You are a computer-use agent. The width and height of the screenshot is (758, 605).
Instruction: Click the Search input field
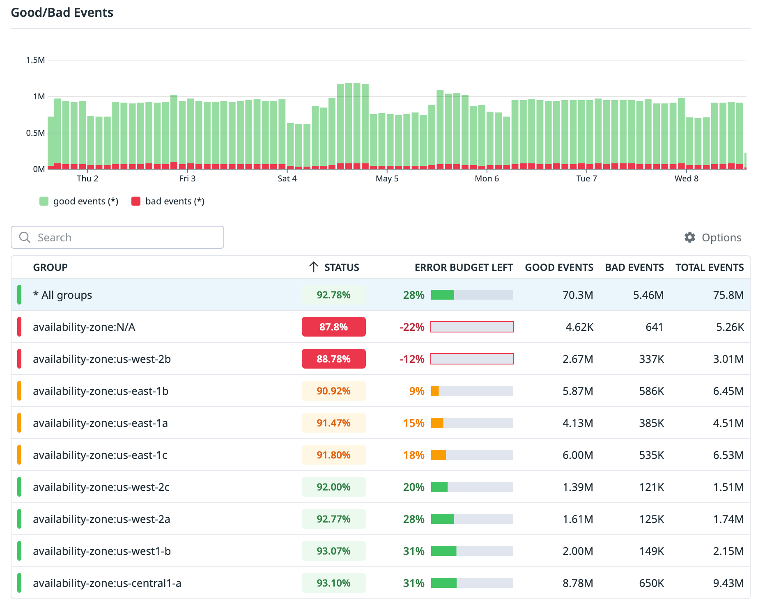pyautogui.click(x=123, y=237)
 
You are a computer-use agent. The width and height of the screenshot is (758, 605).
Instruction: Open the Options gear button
pyautogui.click(x=713, y=237)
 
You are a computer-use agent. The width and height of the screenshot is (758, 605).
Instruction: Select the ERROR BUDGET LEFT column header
pyautogui.click(x=464, y=267)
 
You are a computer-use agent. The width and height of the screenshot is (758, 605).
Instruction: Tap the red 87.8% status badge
pyautogui.click(x=333, y=327)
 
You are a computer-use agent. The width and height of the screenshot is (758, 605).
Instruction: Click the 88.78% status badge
pyautogui.click(x=333, y=359)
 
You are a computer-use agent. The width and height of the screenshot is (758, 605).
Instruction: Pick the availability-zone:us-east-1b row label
pyautogui.click(x=101, y=391)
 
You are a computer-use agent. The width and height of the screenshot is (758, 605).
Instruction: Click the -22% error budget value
pyautogui.click(x=412, y=327)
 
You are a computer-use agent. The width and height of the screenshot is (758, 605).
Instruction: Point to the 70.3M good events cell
pyautogui.click(x=578, y=295)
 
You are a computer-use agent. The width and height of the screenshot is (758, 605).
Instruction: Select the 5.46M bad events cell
pyautogui.click(x=648, y=295)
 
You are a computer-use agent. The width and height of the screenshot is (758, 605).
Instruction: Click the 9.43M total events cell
pyautogui.click(x=728, y=583)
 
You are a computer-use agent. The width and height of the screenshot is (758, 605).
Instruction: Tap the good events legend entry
pyautogui.click(x=79, y=201)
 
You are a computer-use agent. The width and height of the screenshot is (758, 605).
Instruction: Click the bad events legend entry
pyautogui.click(x=168, y=201)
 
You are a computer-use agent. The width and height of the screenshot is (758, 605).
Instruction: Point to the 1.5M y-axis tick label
pyautogui.click(x=35, y=60)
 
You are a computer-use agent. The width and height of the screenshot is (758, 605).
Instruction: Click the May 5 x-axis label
pyautogui.click(x=387, y=179)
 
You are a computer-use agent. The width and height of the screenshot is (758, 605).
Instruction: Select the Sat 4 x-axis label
pyautogui.click(x=287, y=179)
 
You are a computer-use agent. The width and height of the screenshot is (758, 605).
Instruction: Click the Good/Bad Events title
pyautogui.click(x=62, y=12)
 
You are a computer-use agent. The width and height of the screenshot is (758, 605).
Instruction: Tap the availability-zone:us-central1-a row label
pyautogui.click(x=107, y=583)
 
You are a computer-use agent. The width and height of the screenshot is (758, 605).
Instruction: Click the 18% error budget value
pyautogui.click(x=413, y=455)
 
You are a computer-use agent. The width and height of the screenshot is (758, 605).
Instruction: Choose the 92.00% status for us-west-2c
pyautogui.click(x=333, y=487)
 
